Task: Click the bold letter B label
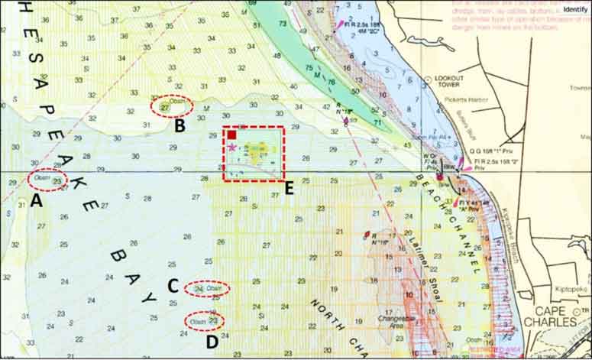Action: tap(180, 125)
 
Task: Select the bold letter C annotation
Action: tap(173, 286)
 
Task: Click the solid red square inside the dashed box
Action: tap(231, 135)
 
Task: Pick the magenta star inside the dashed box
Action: tap(231, 148)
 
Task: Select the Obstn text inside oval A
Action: tap(41, 179)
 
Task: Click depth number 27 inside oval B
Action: tap(166, 108)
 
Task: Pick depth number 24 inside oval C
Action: tap(199, 289)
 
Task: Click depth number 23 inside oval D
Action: tap(213, 321)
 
